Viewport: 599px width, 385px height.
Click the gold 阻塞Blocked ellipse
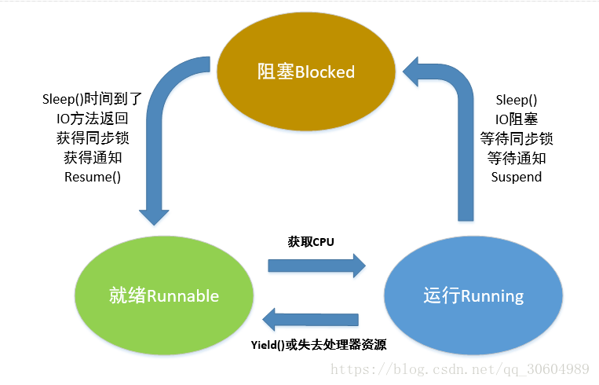pyautogui.click(x=306, y=71)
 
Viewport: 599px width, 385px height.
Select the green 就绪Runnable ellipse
pyautogui.click(x=164, y=295)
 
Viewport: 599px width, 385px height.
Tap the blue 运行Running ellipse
pyautogui.click(x=473, y=295)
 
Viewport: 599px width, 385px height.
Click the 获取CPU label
pyautogui.click(x=311, y=242)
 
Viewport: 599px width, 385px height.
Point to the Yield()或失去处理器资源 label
pyautogui.click(x=319, y=345)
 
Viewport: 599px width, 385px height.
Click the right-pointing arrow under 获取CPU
pyautogui.click(x=316, y=265)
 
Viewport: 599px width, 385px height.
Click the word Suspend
pyautogui.click(x=517, y=176)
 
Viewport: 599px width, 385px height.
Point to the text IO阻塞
pyautogui.click(x=517, y=119)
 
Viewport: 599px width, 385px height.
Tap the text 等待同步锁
pyautogui.click(x=517, y=137)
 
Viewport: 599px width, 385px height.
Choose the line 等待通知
pyautogui.click(x=517, y=157)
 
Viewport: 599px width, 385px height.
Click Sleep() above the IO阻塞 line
pyautogui.click(x=517, y=100)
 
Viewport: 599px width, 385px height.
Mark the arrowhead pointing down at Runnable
pyautogui.click(x=154, y=215)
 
